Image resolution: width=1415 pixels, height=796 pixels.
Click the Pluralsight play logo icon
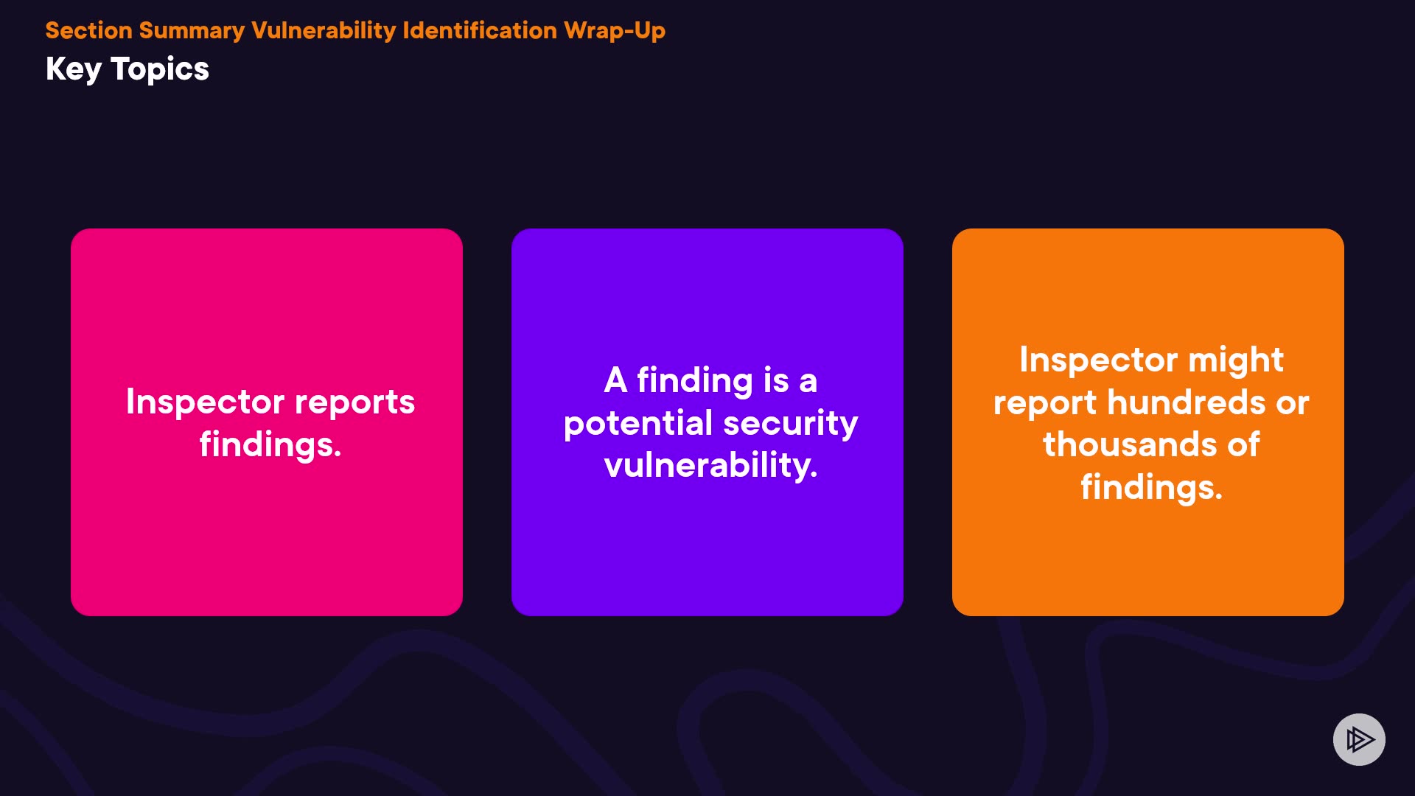[1359, 739]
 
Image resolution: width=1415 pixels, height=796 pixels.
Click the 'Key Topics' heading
[127, 69]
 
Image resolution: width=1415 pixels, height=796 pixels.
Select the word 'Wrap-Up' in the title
[615, 31]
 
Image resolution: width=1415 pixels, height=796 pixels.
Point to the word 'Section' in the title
[88, 30]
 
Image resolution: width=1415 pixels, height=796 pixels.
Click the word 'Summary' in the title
[192, 31]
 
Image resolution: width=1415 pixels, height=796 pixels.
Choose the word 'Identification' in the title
[480, 30]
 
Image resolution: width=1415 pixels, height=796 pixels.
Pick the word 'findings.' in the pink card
[270, 445]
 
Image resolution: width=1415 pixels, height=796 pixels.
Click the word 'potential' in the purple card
[638, 424]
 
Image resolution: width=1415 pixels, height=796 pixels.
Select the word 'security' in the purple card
[791, 424]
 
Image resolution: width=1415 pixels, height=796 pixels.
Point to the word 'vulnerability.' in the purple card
[710, 465]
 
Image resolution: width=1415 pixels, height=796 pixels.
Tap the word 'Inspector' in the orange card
[1099, 360]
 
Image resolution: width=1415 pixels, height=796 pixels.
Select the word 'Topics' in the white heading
[160, 69]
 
